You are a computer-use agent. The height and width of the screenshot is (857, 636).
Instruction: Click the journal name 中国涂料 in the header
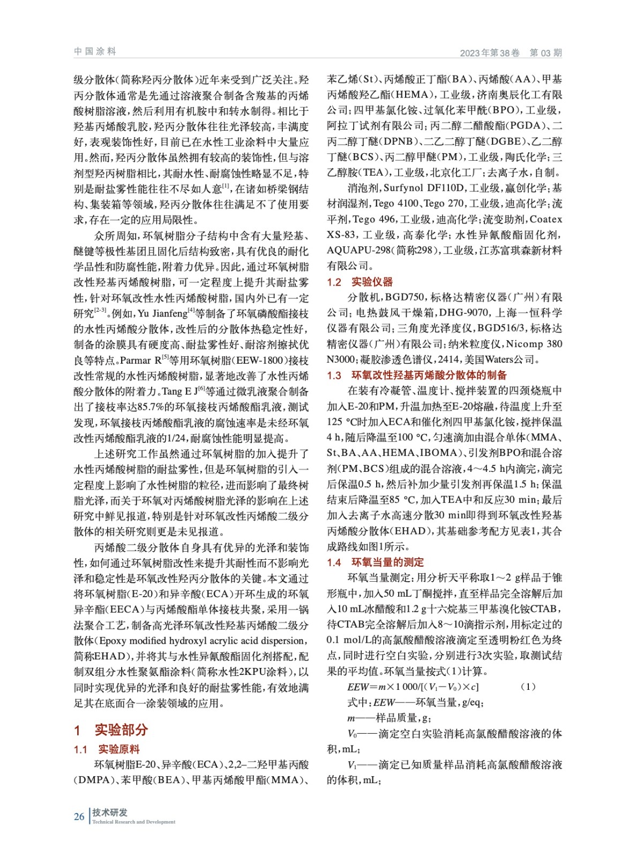95,51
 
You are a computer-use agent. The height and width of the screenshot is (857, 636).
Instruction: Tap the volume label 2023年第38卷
489,52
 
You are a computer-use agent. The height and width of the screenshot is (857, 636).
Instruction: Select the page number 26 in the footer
79,816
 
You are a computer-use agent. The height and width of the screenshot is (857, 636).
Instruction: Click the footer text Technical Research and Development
133,822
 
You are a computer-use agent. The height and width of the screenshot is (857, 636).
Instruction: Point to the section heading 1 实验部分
110,730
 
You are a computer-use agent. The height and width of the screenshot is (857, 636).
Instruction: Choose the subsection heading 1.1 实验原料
107,749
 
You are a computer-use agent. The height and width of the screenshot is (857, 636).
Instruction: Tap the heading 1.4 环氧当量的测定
375,562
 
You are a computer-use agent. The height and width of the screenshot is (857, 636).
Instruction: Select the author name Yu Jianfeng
162,313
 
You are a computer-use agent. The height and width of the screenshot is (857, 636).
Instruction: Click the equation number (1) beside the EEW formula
528,687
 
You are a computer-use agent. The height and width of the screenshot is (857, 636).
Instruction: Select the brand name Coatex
546,219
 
